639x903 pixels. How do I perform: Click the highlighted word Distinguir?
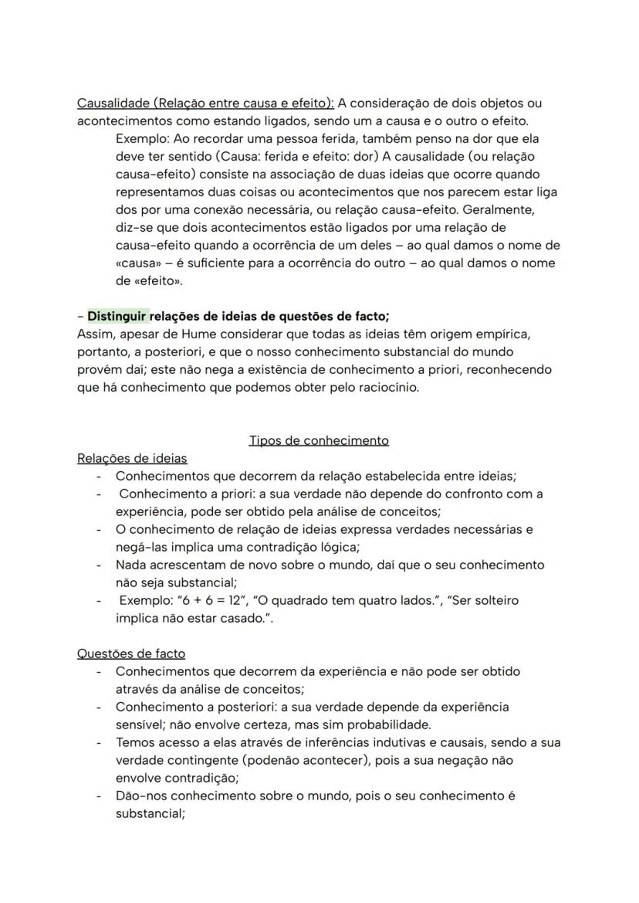(117, 316)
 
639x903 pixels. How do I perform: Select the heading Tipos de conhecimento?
(318, 440)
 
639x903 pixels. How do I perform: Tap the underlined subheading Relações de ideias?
(132, 458)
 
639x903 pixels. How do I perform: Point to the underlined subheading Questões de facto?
(131, 653)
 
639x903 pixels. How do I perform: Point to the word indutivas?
(369, 742)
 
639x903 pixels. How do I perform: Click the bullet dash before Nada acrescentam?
(99, 565)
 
